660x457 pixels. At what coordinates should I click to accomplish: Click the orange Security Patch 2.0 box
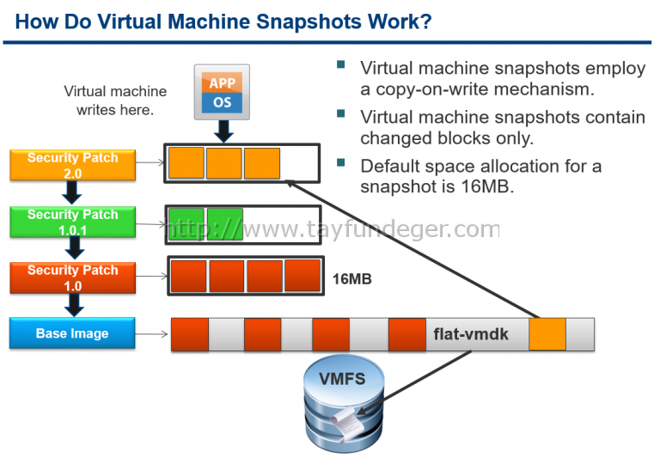click(x=72, y=166)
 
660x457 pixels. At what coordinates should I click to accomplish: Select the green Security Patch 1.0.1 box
click(x=72, y=222)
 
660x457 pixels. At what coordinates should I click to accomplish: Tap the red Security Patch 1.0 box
click(x=72, y=277)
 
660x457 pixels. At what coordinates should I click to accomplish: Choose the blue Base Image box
click(x=72, y=333)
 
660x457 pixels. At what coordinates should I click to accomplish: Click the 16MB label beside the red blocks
click(x=351, y=279)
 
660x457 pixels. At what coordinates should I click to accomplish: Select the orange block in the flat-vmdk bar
click(x=547, y=334)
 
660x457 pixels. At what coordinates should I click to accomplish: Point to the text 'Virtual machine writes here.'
click(x=115, y=101)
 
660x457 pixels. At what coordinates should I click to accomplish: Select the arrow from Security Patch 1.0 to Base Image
click(x=74, y=303)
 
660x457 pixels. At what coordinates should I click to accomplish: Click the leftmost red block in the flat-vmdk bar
click(x=189, y=334)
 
